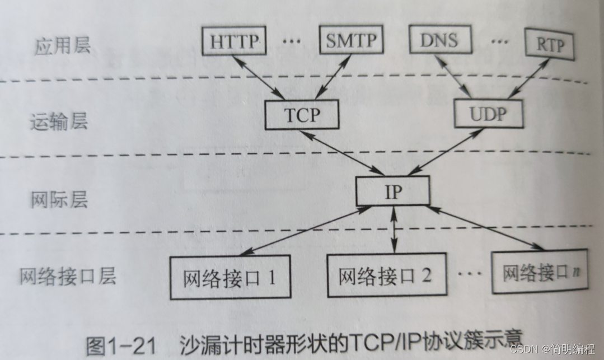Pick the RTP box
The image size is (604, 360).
pyautogui.click(x=549, y=45)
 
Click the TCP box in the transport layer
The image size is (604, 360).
pyautogui.click(x=302, y=115)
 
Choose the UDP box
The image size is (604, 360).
pyautogui.click(x=488, y=114)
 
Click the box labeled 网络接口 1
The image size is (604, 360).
pyautogui.click(x=230, y=277)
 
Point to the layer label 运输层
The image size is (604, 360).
pyautogui.click(x=58, y=121)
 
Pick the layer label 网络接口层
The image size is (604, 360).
pyautogui.click(x=68, y=277)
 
